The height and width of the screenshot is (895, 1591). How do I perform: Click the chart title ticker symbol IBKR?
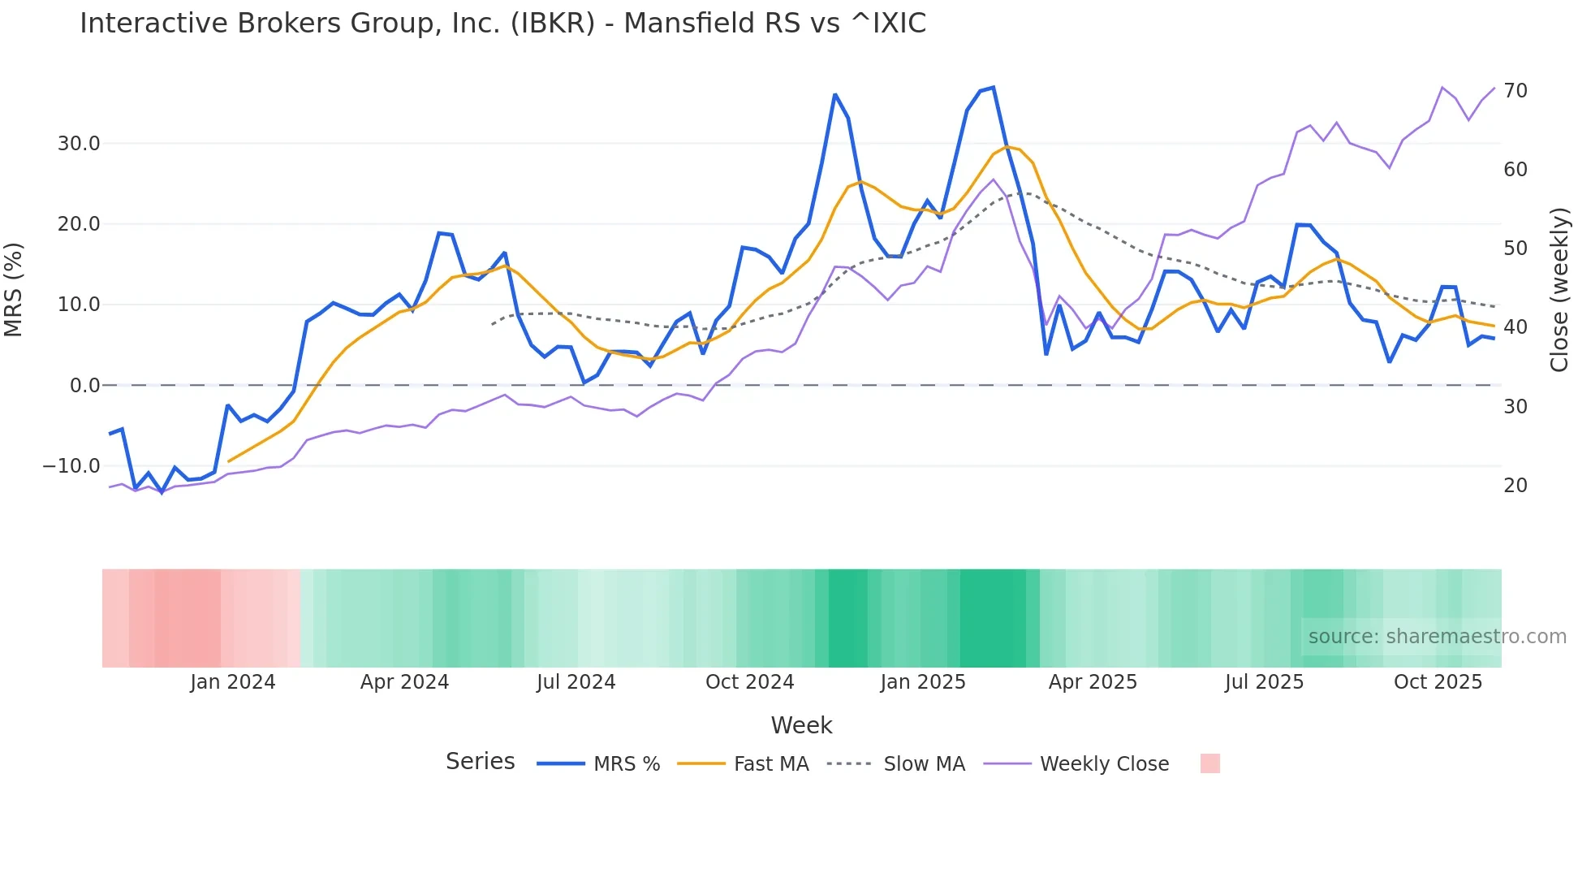pyautogui.click(x=553, y=24)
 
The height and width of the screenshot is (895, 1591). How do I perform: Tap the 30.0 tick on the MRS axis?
pyautogui.click(x=79, y=144)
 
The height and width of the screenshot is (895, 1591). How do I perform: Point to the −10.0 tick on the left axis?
pyautogui.click(x=71, y=466)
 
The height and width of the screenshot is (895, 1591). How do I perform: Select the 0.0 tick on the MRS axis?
pyautogui.click(x=84, y=386)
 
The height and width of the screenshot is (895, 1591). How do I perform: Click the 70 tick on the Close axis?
pyautogui.click(x=1516, y=91)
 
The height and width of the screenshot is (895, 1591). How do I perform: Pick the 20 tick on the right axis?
pyautogui.click(x=1516, y=486)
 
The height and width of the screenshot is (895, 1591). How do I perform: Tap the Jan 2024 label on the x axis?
pyautogui.click(x=233, y=682)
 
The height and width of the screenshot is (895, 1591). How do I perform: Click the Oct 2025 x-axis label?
pyautogui.click(x=1438, y=682)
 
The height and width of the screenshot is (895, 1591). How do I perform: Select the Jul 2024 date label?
pyautogui.click(x=576, y=682)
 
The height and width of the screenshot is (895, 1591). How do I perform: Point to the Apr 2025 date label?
pyautogui.click(x=1093, y=682)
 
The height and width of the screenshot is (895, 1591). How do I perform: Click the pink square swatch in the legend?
pyautogui.click(x=1209, y=763)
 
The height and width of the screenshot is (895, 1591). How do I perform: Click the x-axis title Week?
pyautogui.click(x=801, y=725)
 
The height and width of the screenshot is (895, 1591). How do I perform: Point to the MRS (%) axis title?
pyautogui.click(x=14, y=289)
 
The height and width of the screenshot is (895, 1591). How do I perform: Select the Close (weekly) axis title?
pyautogui.click(x=1559, y=289)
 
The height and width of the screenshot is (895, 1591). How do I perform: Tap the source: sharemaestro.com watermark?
pyautogui.click(x=1437, y=637)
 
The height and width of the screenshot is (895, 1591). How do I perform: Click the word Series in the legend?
pyautogui.click(x=480, y=762)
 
